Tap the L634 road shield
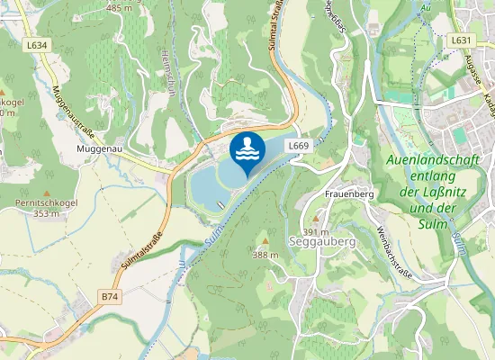[x=38, y=44]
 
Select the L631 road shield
[x=461, y=40]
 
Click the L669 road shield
[x=300, y=145]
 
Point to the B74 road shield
[x=110, y=296]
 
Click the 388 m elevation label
[x=265, y=256]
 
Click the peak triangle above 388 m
[x=265, y=242]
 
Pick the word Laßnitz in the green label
[x=450, y=193]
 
